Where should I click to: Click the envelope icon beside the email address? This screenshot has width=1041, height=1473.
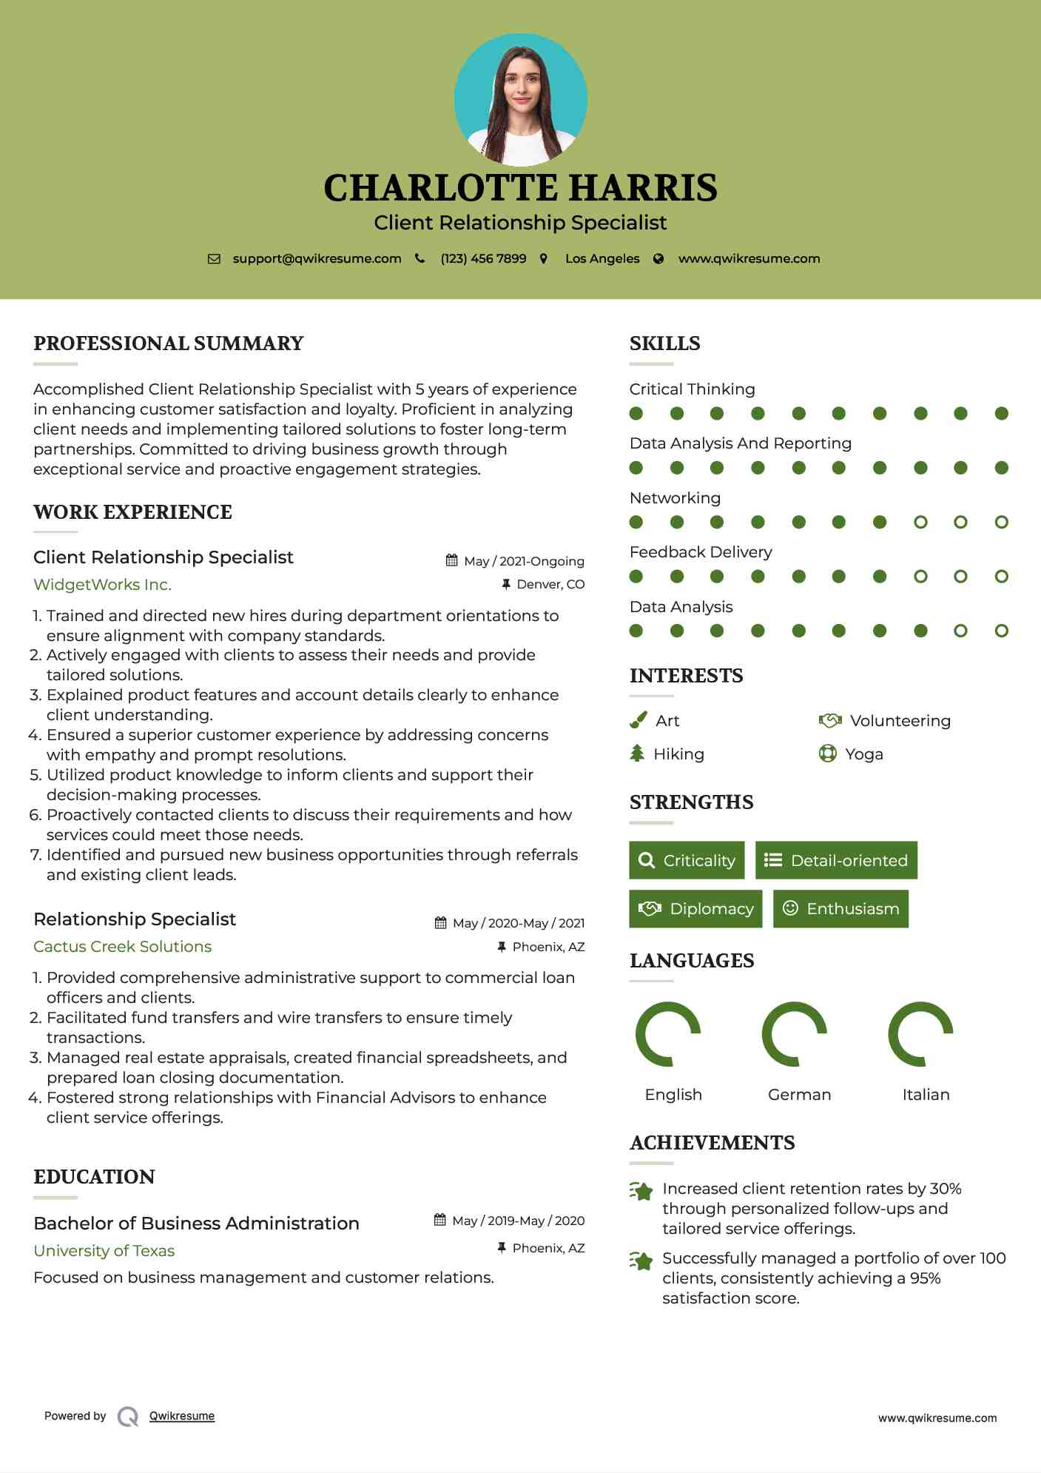(x=214, y=259)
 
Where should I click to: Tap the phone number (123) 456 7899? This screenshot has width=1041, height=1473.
(x=483, y=259)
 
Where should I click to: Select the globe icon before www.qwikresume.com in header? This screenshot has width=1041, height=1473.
(x=658, y=259)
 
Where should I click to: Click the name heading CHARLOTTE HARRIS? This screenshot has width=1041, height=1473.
(x=520, y=188)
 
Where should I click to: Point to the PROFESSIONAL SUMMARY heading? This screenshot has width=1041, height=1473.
(x=169, y=343)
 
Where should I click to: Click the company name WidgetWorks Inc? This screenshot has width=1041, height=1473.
(x=102, y=585)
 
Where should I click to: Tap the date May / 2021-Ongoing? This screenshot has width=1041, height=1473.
(x=524, y=561)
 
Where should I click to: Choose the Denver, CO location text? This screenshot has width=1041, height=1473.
(x=550, y=584)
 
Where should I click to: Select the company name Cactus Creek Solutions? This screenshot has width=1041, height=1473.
(x=122, y=947)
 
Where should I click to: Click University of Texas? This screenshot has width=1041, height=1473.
(x=104, y=1251)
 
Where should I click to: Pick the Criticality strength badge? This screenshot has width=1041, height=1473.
(x=687, y=860)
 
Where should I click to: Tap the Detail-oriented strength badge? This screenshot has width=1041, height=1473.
(x=836, y=860)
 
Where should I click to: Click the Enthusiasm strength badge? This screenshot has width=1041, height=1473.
(x=840, y=909)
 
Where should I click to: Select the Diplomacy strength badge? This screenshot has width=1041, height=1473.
(x=695, y=909)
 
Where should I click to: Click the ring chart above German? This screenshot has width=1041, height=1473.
(x=794, y=1034)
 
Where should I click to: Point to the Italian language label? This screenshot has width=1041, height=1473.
(x=926, y=1095)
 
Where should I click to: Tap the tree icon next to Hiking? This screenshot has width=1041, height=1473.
(x=637, y=754)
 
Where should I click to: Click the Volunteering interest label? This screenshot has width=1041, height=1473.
(x=900, y=721)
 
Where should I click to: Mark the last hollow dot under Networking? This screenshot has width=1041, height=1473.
(x=1001, y=523)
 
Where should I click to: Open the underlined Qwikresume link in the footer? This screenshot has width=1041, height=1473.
(x=182, y=1416)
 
